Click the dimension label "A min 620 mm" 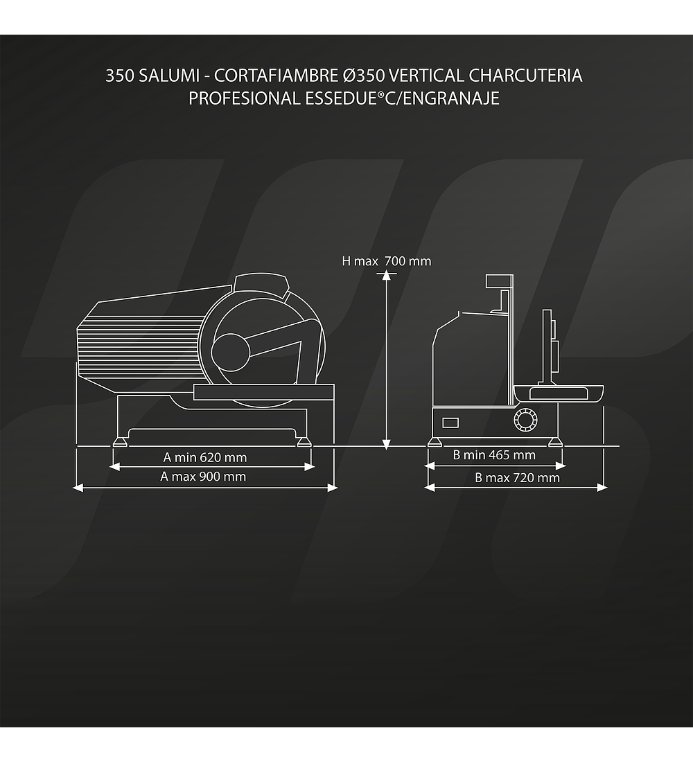pyautogui.click(x=204, y=457)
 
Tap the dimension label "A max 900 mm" pyautogui.click(x=203, y=477)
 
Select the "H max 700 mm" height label pyautogui.click(x=386, y=261)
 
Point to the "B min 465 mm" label pyautogui.click(x=494, y=455)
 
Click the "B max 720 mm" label pyautogui.click(x=517, y=478)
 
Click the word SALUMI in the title pyautogui.click(x=169, y=76)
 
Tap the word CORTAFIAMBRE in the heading pyautogui.click(x=277, y=76)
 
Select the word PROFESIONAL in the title pyautogui.click(x=245, y=98)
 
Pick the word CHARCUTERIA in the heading pyautogui.click(x=525, y=76)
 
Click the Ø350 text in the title pyautogui.click(x=364, y=76)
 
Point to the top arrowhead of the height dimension pyautogui.click(x=386, y=276)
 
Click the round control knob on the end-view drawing pyautogui.click(x=526, y=419)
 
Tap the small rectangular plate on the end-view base pyautogui.click(x=450, y=423)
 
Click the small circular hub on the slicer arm pyautogui.click(x=231, y=352)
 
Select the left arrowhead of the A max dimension pyautogui.click(x=78, y=488)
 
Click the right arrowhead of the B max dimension pyautogui.click(x=602, y=487)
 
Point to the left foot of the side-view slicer pyautogui.click(x=120, y=441)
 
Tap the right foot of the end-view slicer pyautogui.click(x=555, y=442)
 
